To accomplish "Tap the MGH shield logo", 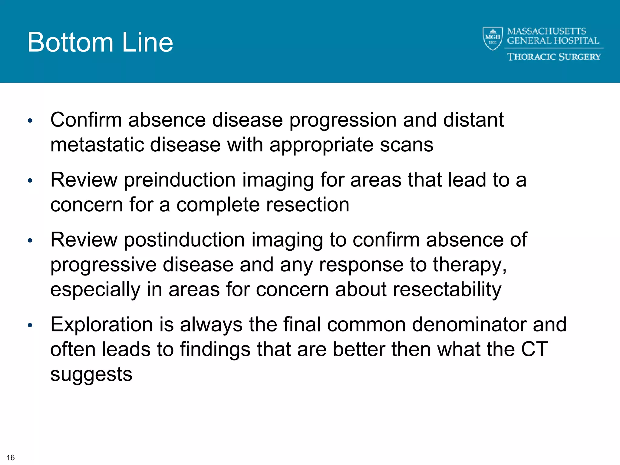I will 493,38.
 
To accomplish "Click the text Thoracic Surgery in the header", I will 554,57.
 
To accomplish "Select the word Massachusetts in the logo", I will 546,31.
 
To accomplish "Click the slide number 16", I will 11,457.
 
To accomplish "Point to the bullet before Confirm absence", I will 30,121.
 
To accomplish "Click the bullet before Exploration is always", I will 30,325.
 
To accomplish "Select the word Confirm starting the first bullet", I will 86,120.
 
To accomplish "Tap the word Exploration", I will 101,325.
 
